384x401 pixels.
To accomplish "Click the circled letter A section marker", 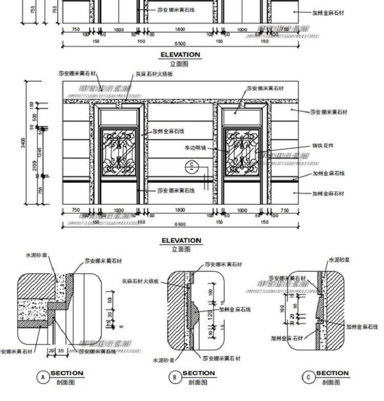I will pos(43,377).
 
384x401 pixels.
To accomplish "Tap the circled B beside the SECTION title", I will pos(175,377).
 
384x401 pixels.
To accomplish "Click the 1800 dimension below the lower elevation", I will pos(180,210).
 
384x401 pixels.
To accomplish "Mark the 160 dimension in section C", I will pos(282,308).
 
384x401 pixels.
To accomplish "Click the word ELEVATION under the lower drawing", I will pos(181,240).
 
